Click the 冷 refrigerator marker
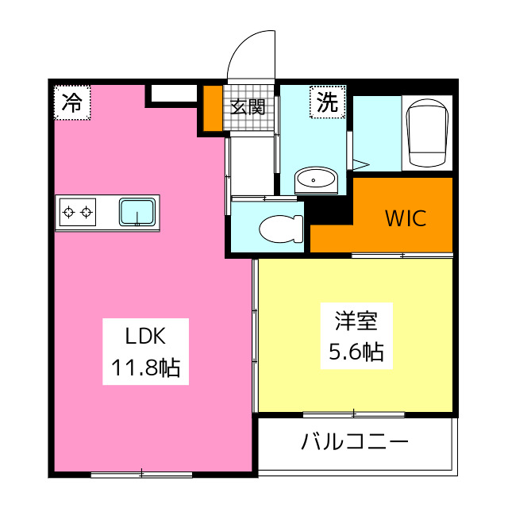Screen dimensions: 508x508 click(72, 102)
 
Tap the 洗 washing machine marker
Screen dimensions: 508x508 click(326, 102)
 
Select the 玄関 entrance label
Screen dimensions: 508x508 click(248, 106)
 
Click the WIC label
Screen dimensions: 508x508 click(406, 217)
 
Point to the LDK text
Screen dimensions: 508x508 click(145, 337)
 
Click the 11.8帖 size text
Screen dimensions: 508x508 click(145, 368)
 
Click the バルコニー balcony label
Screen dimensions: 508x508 click(354, 442)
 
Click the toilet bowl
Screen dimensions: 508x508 click(283, 229)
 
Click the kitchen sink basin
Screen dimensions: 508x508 click(137, 212)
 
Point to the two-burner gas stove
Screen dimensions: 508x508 click(77, 212)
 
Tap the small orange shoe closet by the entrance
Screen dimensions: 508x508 click(213, 108)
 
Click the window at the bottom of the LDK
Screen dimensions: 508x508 click(141, 475)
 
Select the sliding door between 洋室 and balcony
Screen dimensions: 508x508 click(353, 414)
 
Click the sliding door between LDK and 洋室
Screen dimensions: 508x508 click(255, 333)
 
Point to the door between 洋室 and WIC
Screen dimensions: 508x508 click(402, 255)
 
